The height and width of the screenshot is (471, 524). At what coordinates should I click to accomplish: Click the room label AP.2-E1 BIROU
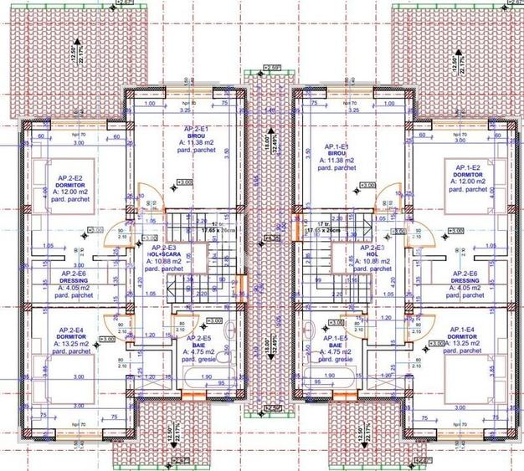(198, 135)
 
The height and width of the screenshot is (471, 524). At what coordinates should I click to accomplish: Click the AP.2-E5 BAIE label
(198, 345)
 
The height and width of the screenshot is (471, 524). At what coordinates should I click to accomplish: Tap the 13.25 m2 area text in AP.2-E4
(72, 343)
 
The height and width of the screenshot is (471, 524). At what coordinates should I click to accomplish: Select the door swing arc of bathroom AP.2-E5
(182, 323)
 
